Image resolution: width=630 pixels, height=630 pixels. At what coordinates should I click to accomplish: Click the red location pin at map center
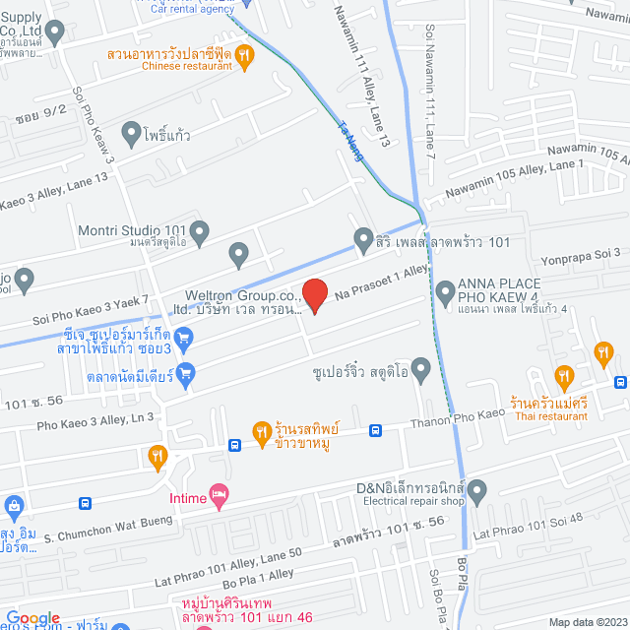pyautogui.click(x=314, y=294)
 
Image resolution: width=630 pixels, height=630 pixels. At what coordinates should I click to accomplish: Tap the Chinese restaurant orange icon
pyautogui.click(x=245, y=57)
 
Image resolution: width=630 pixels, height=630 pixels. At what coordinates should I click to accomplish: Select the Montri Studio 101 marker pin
pyautogui.click(x=200, y=233)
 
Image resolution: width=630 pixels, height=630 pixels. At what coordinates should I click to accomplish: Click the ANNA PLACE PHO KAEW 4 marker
pyautogui.click(x=445, y=290)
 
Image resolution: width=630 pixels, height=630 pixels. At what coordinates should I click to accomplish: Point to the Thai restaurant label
pyautogui.click(x=549, y=416)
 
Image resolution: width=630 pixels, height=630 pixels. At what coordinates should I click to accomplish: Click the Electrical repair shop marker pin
pyautogui.click(x=478, y=489)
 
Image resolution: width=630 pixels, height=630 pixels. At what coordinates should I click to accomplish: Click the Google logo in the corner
pyautogui.click(x=33, y=617)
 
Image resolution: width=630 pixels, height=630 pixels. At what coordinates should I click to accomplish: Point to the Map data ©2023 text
pyautogui.click(x=586, y=622)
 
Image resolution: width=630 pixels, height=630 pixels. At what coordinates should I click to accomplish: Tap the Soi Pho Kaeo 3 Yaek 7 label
pyautogui.click(x=91, y=310)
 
